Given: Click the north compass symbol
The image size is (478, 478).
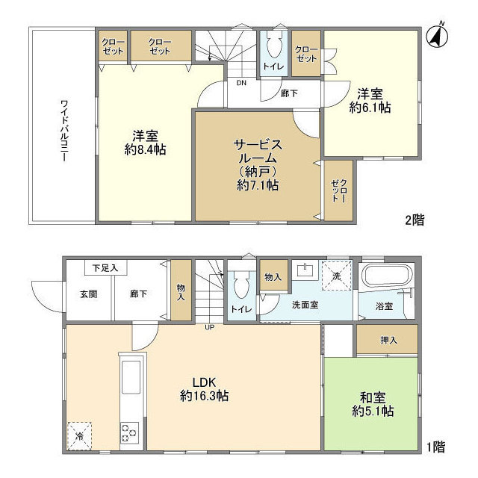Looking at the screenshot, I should (x=436, y=35).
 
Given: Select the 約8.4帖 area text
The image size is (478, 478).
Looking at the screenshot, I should (x=145, y=149).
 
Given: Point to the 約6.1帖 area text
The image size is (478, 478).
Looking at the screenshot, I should (x=370, y=108).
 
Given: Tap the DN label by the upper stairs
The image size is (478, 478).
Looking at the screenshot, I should (x=242, y=83).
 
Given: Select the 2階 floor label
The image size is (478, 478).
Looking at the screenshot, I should (x=415, y=220).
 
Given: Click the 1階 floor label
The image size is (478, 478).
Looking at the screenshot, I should (x=435, y=447).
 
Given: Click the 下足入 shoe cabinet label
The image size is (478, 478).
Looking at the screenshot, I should (x=99, y=267).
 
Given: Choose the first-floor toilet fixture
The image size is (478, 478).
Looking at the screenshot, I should (x=240, y=283).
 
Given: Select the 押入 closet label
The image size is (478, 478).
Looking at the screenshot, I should (x=389, y=341).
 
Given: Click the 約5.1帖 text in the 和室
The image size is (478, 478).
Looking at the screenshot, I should (x=373, y=412).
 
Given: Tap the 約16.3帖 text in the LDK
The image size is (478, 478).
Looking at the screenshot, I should (x=204, y=396).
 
